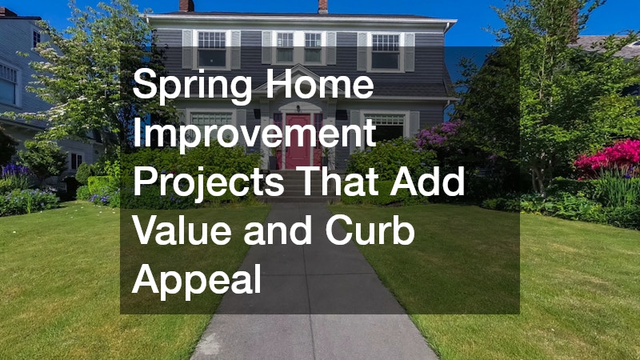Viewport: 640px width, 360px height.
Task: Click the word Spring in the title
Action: [192, 85]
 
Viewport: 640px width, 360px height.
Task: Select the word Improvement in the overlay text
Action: [254, 132]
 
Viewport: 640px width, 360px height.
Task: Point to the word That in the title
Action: [338, 181]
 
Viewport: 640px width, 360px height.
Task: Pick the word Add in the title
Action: [427, 181]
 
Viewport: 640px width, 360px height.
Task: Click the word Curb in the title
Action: [370, 230]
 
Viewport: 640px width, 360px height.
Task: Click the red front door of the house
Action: [298, 142]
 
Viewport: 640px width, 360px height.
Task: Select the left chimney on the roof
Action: [187, 6]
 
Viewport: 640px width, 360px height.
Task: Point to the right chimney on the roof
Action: [323, 6]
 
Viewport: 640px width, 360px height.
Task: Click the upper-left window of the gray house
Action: [211, 49]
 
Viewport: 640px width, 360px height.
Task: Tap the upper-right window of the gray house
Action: [386, 51]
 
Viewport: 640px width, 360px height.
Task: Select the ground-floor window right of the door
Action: [385, 128]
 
